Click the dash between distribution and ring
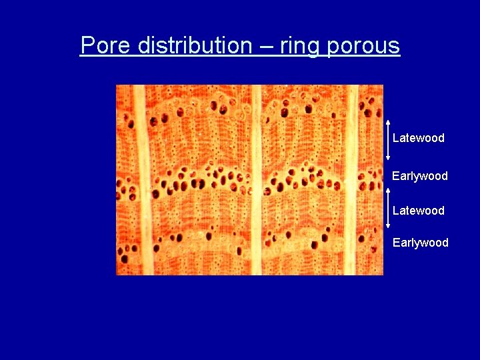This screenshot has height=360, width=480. [266, 45]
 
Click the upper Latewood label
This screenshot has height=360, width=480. [418, 138]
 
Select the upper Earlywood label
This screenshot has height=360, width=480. [419, 176]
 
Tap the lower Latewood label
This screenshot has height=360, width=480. [418, 211]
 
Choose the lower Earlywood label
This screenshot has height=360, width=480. [420, 243]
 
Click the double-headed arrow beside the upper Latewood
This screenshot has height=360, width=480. [388, 141]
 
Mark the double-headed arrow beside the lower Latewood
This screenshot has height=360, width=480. [388, 209]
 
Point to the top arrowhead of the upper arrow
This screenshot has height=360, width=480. [388, 122]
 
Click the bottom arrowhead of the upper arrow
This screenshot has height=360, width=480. [388, 159]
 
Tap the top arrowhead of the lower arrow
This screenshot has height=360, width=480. [388, 189]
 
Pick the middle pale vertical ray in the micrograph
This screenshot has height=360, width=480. [255, 180]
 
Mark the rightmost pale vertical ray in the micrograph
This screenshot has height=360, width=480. [352, 180]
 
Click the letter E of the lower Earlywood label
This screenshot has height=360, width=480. [396, 243]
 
